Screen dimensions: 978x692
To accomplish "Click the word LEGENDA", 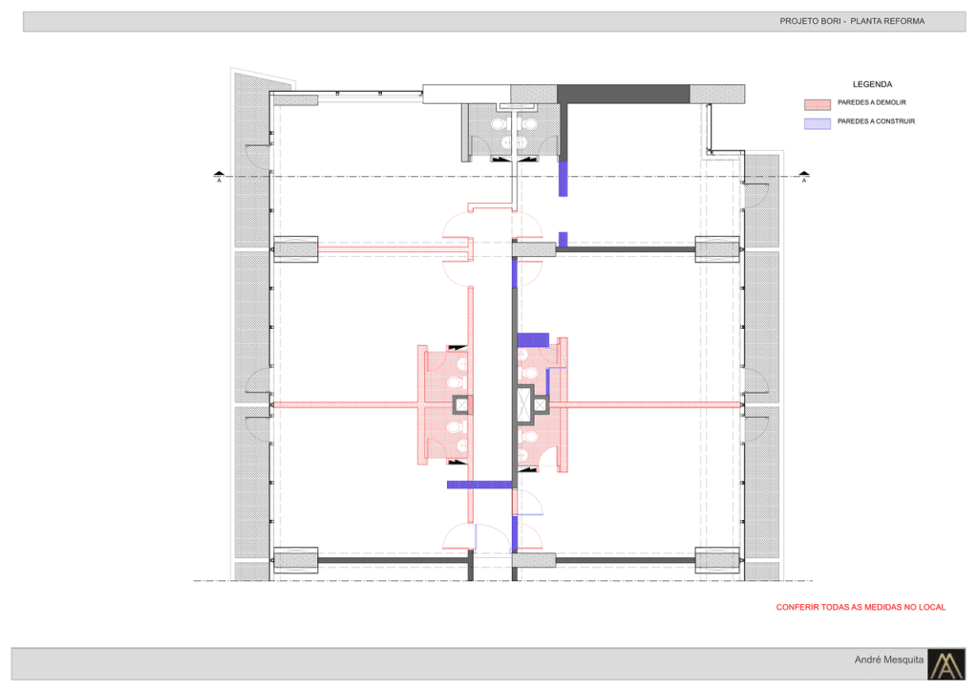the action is tap(872, 84).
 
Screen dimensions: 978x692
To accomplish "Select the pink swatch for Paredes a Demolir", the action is tap(818, 104).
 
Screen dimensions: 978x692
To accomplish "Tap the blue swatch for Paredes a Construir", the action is tap(818, 123).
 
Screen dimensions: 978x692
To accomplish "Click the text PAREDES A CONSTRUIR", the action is tap(877, 121).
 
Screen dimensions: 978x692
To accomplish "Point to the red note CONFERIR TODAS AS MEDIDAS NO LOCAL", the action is tap(861, 607).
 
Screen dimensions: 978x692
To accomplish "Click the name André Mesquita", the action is tap(889, 660).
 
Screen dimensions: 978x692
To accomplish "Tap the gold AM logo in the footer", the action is tap(946, 664).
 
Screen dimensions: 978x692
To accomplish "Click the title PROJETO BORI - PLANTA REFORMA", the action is tap(852, 21).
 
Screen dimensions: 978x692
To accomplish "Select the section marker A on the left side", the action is tap(219, 176).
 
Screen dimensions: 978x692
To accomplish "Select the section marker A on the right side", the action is tap(804, 176).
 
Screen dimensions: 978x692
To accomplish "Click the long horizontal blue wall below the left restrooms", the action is tap(479, 485).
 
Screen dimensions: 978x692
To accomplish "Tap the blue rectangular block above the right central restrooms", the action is tap(533, 340).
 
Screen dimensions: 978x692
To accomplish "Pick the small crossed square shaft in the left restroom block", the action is tap(461, 405).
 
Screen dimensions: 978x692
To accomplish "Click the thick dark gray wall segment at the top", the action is tap(623, 95).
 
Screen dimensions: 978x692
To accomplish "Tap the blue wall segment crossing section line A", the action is tap(563, 178).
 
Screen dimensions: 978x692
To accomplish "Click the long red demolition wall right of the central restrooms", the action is tap(645, 405).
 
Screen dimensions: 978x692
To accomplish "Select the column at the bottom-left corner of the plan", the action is tap(296, 560).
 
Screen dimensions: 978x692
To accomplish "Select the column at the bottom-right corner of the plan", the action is tap(717, 560).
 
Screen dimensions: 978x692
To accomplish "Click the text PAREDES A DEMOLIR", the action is tap(871, 102).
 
